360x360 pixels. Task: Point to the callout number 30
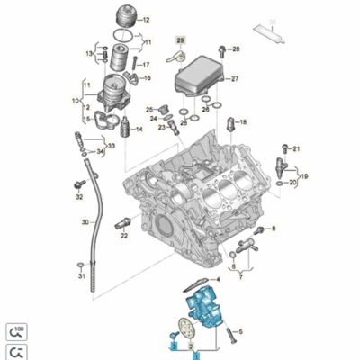click(84, 222)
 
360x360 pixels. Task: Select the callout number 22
click(124, 236)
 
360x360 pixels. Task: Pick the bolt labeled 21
click(285, 146)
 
